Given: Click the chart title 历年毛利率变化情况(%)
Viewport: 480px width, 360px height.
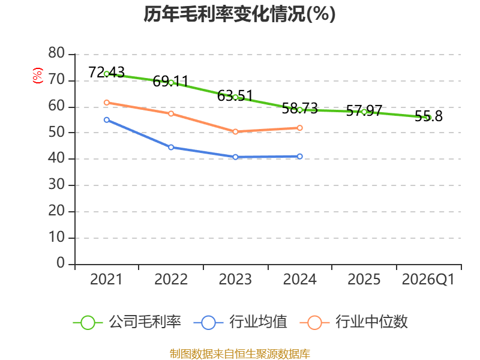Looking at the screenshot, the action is [x=239, y=14].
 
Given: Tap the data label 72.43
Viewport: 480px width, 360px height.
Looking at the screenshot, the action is [x=107, y=72].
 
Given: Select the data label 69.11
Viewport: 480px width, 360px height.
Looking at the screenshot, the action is [x=170, y=81].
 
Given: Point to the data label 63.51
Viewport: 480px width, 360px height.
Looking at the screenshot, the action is [x=235, y=96].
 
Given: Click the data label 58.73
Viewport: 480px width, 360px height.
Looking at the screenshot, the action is [x=299, y=109].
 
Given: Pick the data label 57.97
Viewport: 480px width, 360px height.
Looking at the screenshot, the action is [x=364, y=110].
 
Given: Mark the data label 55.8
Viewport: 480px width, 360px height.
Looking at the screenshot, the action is [x=428, y=116].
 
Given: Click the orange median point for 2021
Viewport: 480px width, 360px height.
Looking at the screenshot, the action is [x=107, y=103].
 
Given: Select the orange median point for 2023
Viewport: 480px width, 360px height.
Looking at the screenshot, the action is [x=235, y=131].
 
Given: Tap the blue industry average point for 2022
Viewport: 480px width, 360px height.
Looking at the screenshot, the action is [x=171, y=147].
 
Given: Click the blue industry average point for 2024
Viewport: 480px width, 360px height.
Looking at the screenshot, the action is [x=299, y=157].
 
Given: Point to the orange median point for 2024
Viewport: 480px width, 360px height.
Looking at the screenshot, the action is [x=299, y=128].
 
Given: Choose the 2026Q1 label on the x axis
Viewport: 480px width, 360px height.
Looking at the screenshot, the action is [x=428, y=280].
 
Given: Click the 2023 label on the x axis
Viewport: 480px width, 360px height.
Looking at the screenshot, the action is [x=235, y=280].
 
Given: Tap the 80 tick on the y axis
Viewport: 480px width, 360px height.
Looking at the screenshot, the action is [x=56, y=53].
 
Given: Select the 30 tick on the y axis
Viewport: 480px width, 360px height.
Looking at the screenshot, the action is [x=56, y=185].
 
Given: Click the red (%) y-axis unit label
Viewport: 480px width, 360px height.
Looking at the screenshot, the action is [x=38, y=76].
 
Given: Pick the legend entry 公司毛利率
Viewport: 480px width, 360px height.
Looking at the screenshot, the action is [x=127, y=322].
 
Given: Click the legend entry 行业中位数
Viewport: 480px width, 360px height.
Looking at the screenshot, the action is [x=353, y=322].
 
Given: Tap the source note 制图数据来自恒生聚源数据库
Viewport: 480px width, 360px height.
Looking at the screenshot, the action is [x=239, y=354].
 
